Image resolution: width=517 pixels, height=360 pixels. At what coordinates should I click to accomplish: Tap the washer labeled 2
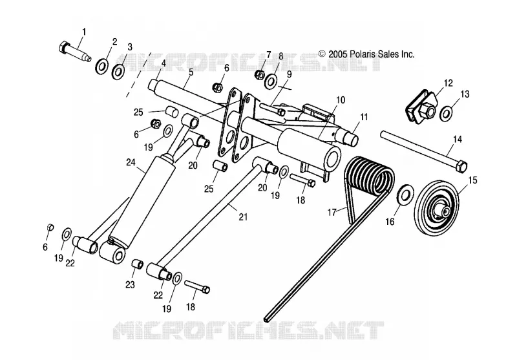tap(102, 67)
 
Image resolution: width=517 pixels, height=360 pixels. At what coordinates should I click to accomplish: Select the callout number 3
tap(130, 47)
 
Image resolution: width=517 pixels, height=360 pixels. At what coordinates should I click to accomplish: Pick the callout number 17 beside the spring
tap(332, 212)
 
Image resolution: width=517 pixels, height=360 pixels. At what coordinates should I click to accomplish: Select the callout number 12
tap(448, 83)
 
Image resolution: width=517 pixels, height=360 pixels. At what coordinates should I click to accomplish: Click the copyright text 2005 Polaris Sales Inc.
tap(366, 54)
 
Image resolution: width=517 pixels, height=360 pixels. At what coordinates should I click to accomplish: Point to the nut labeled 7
tap(260, 74)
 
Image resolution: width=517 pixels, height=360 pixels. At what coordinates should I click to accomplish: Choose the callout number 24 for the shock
tap(131, 162)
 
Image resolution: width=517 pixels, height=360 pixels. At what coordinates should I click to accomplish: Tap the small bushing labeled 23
tap(138, 264)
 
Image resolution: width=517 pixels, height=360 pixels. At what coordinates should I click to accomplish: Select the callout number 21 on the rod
tap(243, 217)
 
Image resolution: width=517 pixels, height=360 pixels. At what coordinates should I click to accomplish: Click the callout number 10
tap(341, 100)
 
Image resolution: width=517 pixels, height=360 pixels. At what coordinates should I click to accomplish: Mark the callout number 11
tap(364, 117)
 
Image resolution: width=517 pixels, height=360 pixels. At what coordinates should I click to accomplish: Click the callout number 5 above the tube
tap(191, 72)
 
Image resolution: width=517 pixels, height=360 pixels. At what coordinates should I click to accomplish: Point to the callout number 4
tap(164, 63)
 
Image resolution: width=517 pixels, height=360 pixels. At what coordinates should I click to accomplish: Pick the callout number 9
tap(289, 74)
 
